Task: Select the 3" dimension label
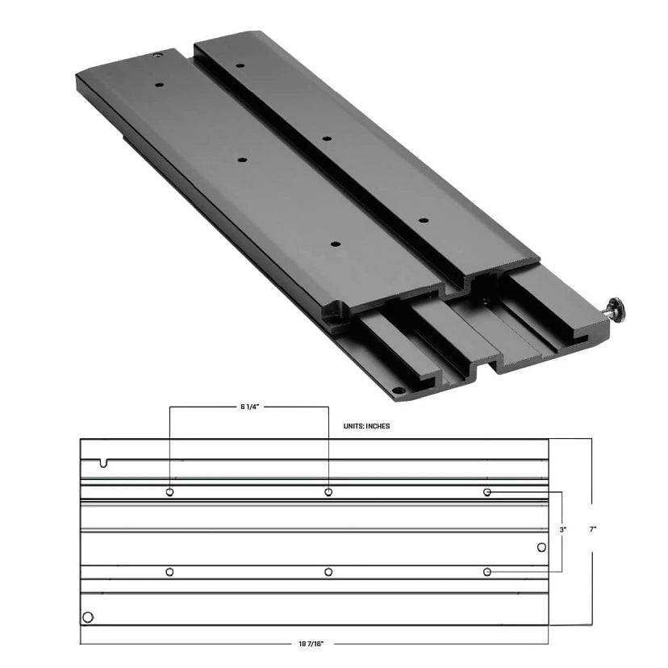(x=563, y=530)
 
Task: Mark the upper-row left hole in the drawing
(x=169, y=492)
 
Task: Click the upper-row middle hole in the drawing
(x=328, y=492)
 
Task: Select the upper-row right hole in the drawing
(x=487, y=492)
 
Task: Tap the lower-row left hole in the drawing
(x=169, y=572)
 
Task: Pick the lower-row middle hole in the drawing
(x=328, y=572)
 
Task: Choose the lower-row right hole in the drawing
(x=487, y=572)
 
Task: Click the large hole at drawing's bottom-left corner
(x=88, y=618)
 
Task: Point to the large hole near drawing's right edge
(x=541, y=549)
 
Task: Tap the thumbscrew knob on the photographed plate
(x=617, y=308)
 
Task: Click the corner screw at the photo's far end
(x=158, y=56)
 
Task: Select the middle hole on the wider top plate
(x=241, y=160)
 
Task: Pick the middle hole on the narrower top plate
(x=327, y=139)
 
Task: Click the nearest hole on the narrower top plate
(x=421, y=219)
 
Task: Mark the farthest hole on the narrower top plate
(x=240, y=65)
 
